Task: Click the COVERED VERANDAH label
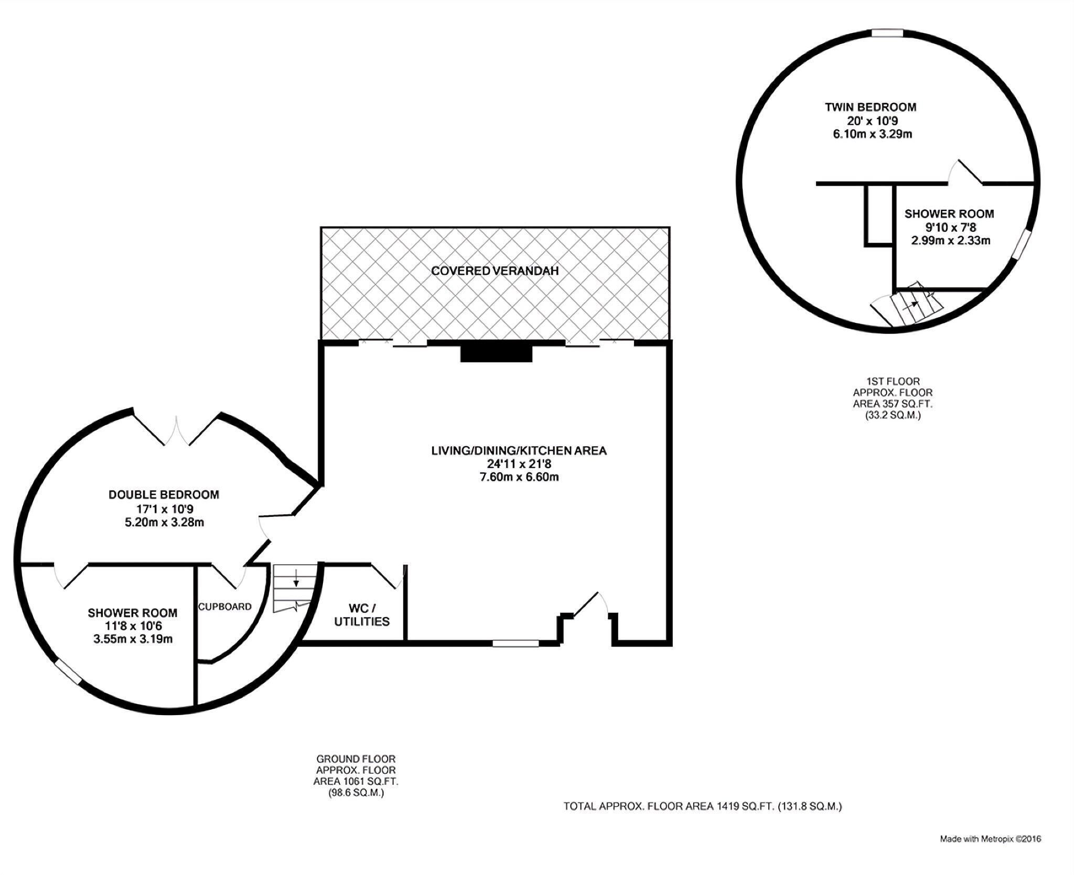[x=495, y=271]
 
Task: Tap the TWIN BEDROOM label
[x=871, y=107]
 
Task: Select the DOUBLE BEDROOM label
[x=164, y=494]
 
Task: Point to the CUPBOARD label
[x=224, y=607]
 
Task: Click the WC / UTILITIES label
[x=362, y=615]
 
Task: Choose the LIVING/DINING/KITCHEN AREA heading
[x=519, y=450]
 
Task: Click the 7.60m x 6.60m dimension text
[x=519, y=477]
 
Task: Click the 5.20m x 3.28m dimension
[x=164, y=522]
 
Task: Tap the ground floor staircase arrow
[x=296, y=578]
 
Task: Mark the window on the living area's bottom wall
[x=515, y=643]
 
